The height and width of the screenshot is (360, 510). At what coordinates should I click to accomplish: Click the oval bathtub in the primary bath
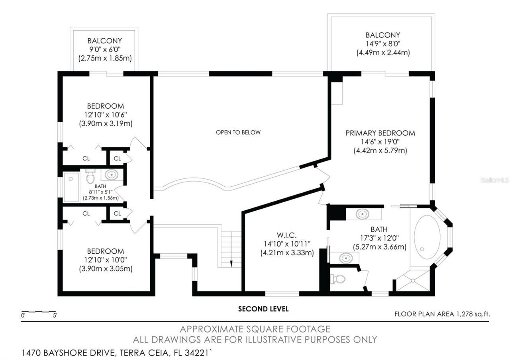pos(427,237)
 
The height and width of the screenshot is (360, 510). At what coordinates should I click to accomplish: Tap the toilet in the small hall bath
pos(90,176)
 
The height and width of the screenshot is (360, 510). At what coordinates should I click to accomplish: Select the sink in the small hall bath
pos(111,174)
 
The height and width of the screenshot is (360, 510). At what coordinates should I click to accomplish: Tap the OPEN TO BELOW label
pos(238,132)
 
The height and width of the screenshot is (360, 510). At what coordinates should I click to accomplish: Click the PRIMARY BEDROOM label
pos(380,133)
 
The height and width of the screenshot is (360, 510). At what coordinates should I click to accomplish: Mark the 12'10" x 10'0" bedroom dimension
pos(106,260)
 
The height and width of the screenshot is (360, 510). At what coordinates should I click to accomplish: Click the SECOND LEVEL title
pos(263,309)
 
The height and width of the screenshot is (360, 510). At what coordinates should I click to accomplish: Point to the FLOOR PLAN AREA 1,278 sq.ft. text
pos(442,314)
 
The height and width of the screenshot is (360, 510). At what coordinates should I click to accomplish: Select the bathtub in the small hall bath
pos(72,187)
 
